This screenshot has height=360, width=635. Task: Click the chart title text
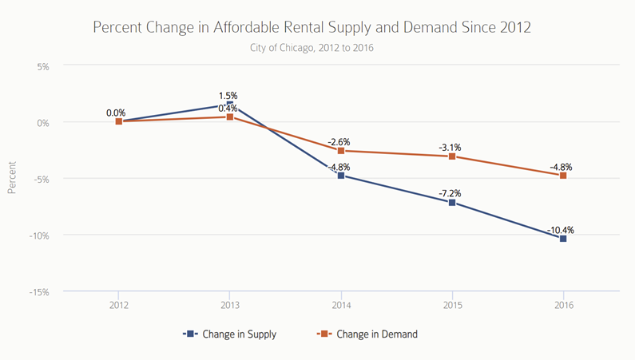(312, 27)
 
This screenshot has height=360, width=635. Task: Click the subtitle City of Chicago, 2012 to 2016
(312, 48)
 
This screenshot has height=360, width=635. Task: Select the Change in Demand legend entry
(367, 334)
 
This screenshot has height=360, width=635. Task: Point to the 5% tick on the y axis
(42, 67)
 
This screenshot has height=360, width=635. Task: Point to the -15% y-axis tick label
(38, 292)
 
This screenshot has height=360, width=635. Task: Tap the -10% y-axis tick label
(38, 235)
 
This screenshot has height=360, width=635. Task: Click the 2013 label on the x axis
(230, 306)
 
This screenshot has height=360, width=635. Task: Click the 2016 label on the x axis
(563, 306)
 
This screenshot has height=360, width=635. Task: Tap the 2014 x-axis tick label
(341, 306)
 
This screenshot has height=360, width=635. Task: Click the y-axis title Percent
(12, 180)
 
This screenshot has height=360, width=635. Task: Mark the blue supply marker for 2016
(563, 239)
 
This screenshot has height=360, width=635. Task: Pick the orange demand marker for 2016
(563, 176)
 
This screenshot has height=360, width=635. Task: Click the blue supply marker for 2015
(452, 203)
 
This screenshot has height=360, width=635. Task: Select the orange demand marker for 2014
(341, 151)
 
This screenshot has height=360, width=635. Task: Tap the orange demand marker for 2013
(230, 117)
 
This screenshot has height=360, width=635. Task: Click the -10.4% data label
(562, 230)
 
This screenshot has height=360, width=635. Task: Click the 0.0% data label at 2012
(116, 113)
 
